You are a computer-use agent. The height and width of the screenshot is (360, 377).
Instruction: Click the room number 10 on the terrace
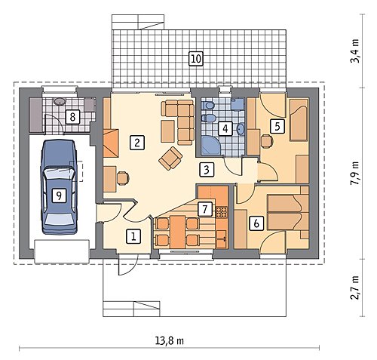coord(196,59)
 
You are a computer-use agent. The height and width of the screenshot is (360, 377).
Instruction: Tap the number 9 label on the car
coord(59,195)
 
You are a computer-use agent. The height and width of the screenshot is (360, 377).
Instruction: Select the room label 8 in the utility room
coord(72,117)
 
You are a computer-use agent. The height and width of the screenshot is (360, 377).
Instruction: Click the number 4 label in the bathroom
coord(225,128)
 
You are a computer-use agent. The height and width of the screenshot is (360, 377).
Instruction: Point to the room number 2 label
coord(137,143)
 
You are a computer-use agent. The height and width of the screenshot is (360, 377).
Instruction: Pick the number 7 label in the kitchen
coord(205,209)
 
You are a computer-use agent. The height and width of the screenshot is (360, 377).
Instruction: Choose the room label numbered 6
coord(256,223)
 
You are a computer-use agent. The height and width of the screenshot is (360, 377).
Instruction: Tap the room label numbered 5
coord(277,126)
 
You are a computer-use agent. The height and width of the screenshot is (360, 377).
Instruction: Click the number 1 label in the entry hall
coord(133,236)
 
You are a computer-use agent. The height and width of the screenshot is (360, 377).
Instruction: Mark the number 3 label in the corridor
coord(207,170)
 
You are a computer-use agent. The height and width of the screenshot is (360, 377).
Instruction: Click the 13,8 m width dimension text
coord(169,341)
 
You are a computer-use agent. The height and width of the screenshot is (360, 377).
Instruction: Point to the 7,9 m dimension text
coord(355,173)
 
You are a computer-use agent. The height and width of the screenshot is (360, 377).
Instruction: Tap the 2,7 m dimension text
coord(355,288)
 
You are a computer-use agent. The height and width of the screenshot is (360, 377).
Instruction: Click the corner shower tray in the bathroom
coord(210,145)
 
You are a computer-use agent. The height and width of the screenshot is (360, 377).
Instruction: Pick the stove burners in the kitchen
coord(222,211)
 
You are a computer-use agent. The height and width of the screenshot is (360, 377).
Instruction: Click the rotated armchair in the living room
coord(170,158)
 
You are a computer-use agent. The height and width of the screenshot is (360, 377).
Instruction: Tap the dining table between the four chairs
coord(177,232)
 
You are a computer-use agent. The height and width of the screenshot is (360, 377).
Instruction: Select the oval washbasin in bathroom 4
coord(241,129)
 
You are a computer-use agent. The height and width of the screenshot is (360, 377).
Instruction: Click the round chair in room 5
coord(267,141)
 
